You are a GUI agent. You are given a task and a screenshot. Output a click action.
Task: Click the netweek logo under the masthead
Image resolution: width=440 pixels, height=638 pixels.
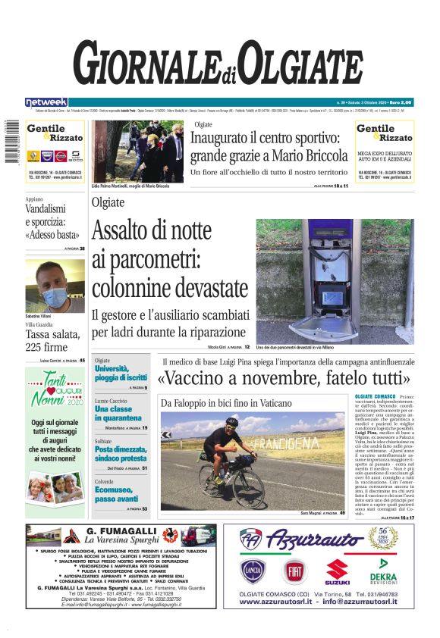click(x=46, y=102)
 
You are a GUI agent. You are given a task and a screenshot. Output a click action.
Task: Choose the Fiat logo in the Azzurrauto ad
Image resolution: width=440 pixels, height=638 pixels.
click(x=294, y=571)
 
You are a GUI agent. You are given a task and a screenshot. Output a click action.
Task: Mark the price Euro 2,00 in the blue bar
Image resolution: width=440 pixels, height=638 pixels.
click(x=400, y=102)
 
